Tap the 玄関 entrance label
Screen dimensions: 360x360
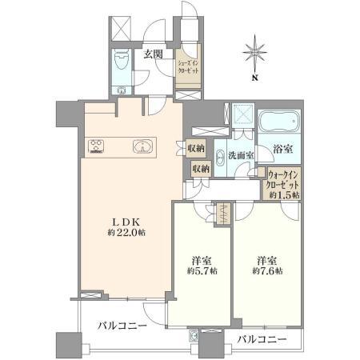pyautogui.click(x=153, y=54)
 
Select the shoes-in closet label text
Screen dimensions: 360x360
pyautogui.click(x=188, y=67)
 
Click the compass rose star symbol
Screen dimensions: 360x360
pyautogui.click(x=255, y=53)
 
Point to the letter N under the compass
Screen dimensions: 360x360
pyautogui.click(x=255, y=78)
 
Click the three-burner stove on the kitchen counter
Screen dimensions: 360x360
pyautogui.click(x=96, y=146)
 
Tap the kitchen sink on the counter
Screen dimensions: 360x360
pyautogui.click(x=142, y=146)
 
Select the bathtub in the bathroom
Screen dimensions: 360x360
pyautogui.click(x=279, y=122)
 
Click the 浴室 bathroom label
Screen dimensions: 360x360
pyautogui.click(x=283, y=149)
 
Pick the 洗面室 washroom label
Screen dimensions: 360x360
pyautogui.click(x=241, y=155)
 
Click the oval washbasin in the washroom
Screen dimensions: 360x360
pyautogui.click(x=220, y=158)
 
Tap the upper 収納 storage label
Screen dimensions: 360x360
pyautogui.click(x=196, y=148)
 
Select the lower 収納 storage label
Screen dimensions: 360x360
pyautogui.click(x=202, y=169)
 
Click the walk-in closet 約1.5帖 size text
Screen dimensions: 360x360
pyautogui.click(x=284, y=194)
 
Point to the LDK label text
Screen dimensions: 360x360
pyautogui.click(x=126, y=222)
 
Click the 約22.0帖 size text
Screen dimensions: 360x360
pyautogui.click(x=126, y=233)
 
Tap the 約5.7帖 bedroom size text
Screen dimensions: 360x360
pyautogui.click(x=202, y=271)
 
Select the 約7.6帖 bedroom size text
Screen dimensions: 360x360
pyautogui.click(x=267, y=271)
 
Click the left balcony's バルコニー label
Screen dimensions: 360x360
pyautogui.click(x=122, y=326)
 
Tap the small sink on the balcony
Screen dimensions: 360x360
pyautogui.click(x=194, y=336)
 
